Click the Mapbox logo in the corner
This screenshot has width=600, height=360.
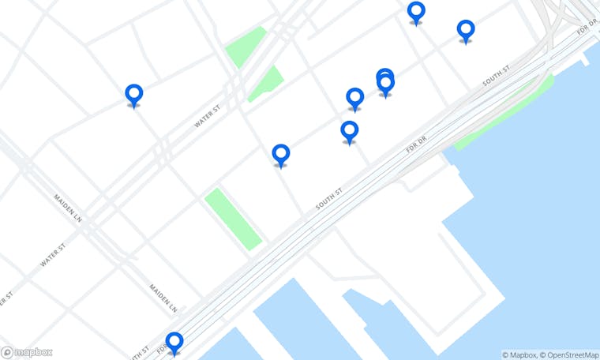click(x=27, y=352)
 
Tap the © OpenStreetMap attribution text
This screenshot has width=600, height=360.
click(x=569, y=354)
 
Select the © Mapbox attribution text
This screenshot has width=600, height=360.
click(x=518, y=354)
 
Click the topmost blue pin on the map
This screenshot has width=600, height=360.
click(x=416, y=12)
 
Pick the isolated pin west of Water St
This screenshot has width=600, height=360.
click(x=134, y=95)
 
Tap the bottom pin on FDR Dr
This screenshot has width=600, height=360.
click(x=174, y=342)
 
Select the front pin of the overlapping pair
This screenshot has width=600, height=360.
click(x=385, y=84)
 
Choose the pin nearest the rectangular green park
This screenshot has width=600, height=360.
click(x=280, y=155)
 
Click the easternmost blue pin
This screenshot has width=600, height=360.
click(x=466, y=30)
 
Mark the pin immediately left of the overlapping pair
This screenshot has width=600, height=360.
click(x=355, y=98)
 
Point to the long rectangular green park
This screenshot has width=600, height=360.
click(x=233, y=219)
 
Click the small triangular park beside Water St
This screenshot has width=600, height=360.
click(x=266, y=84)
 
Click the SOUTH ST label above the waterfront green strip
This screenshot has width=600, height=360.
click(x=497, y=73)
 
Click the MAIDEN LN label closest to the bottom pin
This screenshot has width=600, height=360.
click(x=163, y=297)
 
